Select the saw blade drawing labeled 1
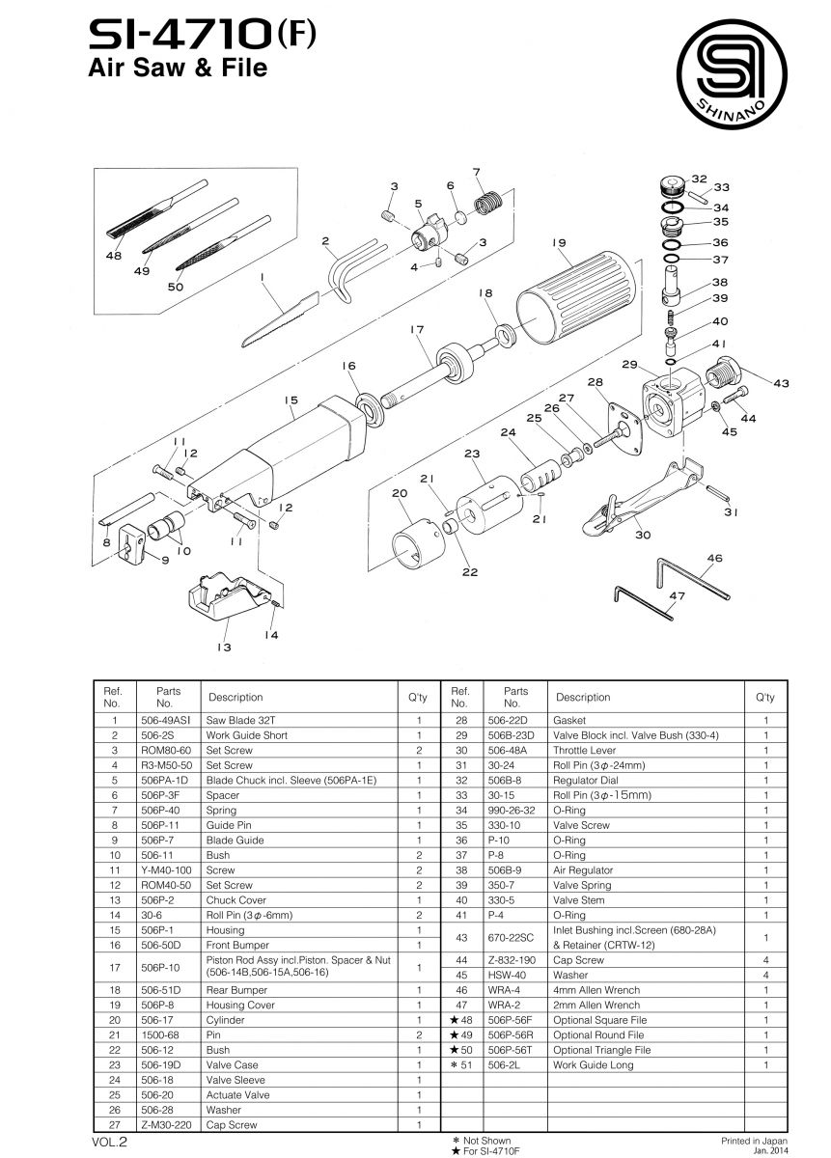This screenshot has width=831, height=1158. [x=280, y=317]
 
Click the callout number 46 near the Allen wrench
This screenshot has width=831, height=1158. [x=714, y=559]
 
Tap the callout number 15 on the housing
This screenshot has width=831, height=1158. [x=290, y=400]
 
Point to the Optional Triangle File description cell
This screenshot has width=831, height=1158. [x=601, y=1050]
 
